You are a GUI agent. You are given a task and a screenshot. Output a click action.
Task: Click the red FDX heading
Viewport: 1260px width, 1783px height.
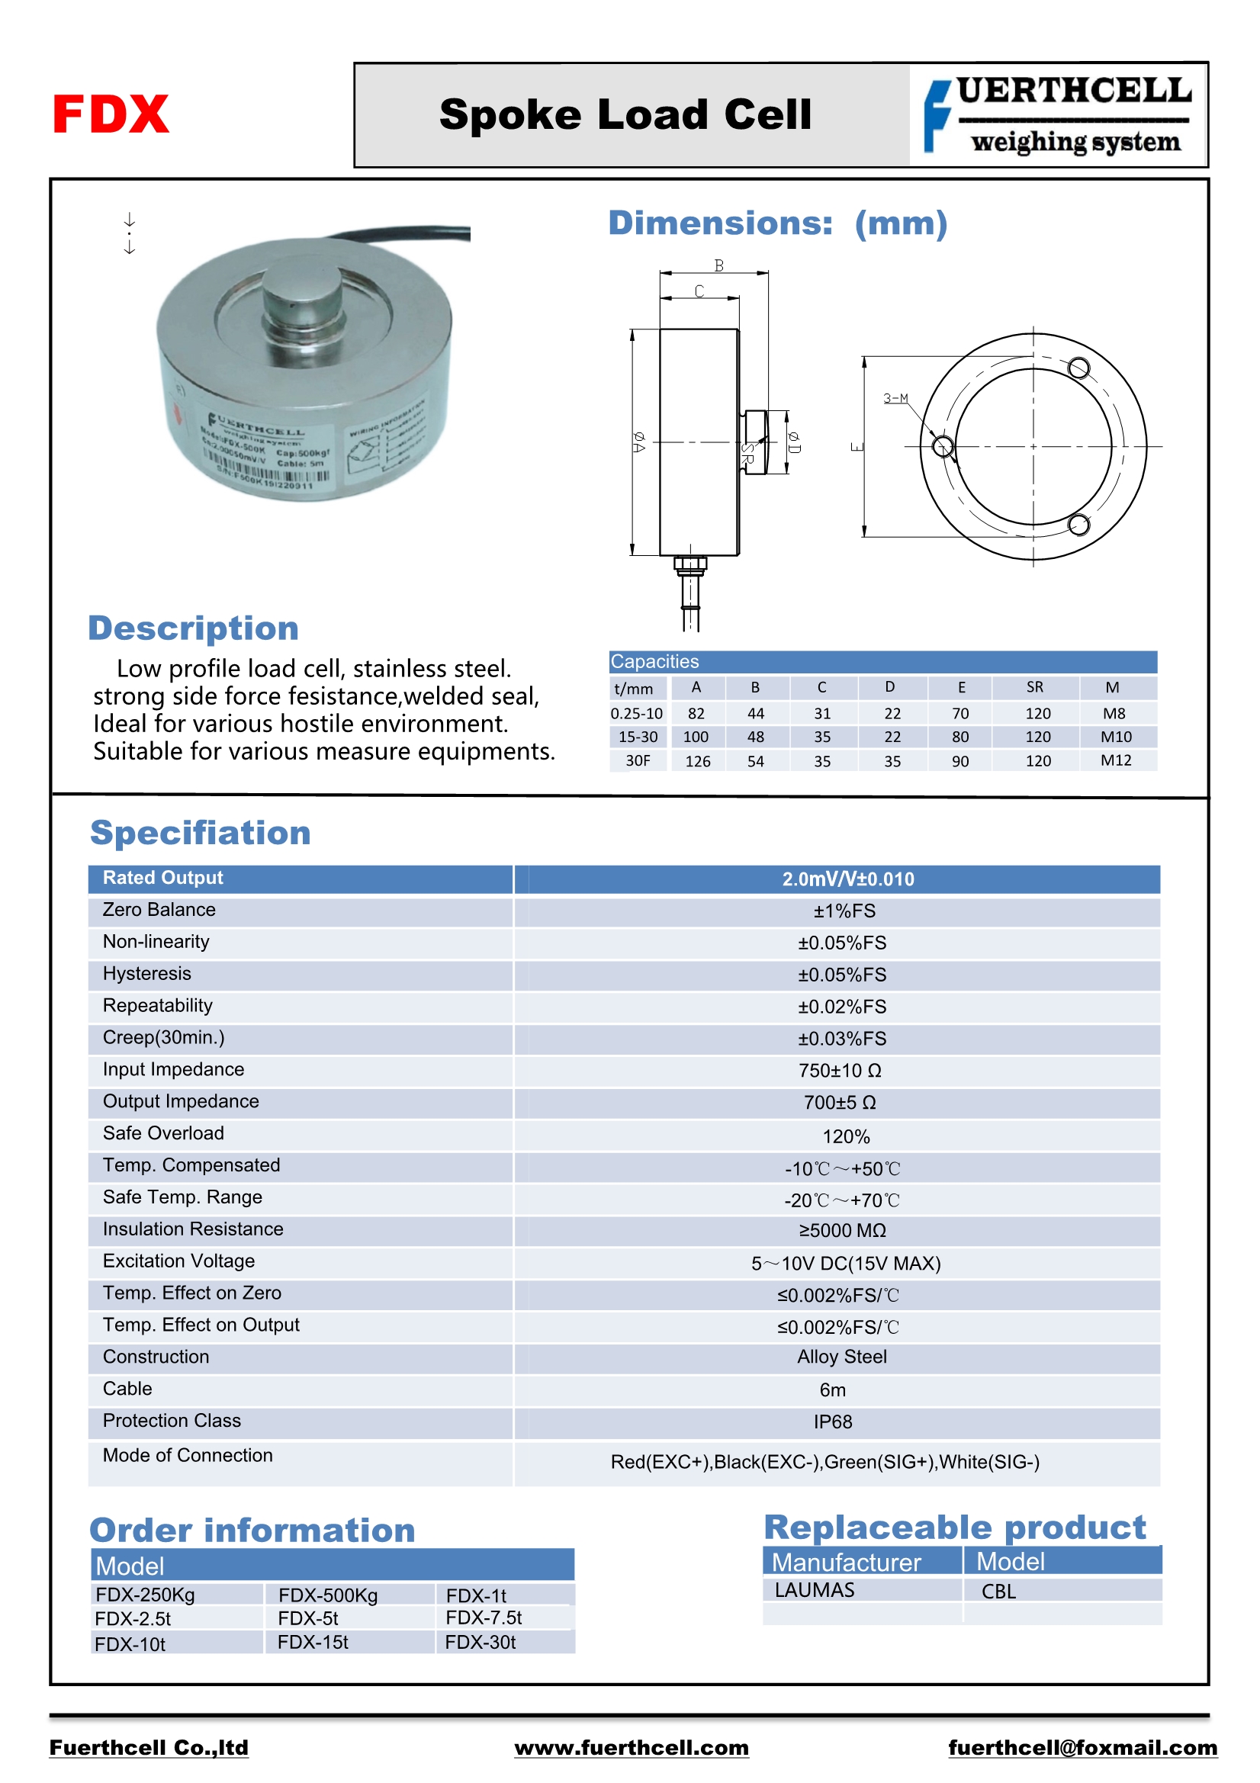pyautogui.click(x=111, y=114)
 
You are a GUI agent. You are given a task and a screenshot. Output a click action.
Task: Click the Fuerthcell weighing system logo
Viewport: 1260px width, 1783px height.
pyautogui.click(x=1058, y=115)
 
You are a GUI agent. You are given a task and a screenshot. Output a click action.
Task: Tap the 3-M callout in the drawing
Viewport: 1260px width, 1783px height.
pyautogui.click(x=895, y=398)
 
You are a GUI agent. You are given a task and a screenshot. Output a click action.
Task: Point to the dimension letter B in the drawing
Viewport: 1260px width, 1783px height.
pyautogui.click(x=718, y=266)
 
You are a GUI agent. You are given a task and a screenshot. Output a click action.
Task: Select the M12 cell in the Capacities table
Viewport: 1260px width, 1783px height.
pyautogui.click(x=1115, y=760)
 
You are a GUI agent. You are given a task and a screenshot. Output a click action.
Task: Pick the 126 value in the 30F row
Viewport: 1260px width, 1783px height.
pyautogui.click(x=697, y=761)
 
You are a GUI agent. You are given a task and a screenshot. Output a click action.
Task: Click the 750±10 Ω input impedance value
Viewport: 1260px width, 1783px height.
pyautogui.click(x=840, y=1071)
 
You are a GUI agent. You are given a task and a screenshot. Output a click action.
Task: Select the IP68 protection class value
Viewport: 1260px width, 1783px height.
pyautogui.click(x=833, y=1422)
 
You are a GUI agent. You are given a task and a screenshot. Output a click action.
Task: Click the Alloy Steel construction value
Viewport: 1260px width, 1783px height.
pyautogui.click(x=841, y=1357)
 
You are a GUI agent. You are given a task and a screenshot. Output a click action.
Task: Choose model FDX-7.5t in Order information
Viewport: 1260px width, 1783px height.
pyautogui.click(x=484, y=1618)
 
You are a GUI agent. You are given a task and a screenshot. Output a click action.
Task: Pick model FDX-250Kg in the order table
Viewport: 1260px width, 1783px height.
pyautogui.click(x=145, y=1595)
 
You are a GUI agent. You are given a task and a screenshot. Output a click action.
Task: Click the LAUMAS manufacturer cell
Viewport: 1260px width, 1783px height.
pyautogui.click(x=814, y=1590)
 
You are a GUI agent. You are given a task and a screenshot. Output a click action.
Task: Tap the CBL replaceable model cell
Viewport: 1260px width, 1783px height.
pyautogui.click(x=998, y=1591)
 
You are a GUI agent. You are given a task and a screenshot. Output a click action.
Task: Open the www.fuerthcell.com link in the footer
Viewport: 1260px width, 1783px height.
pyautogui.click(x=631, y=1747)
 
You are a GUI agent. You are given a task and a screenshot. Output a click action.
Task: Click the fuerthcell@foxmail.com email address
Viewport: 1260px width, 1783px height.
pyautogui.click(x=1082, y=1747)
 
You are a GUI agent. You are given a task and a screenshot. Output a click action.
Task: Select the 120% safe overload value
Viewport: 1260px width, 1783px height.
pyautogui.click(x=846, y=1137)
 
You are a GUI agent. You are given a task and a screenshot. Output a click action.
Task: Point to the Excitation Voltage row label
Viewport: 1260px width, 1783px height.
pyautogui.click(x=178, y=1261)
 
